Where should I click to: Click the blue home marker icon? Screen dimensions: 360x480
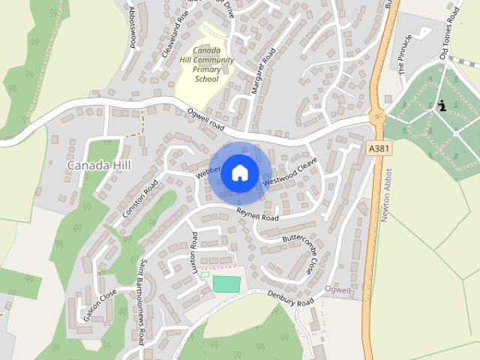239,172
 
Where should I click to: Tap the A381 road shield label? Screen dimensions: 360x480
379,149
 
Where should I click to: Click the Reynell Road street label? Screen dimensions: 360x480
257,214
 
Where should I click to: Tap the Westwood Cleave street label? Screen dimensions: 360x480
291,172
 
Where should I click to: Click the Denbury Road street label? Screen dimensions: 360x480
292,300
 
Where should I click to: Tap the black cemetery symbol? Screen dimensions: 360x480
442,106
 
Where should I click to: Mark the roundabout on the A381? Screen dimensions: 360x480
377,116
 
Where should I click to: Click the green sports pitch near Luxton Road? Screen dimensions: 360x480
226,284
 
